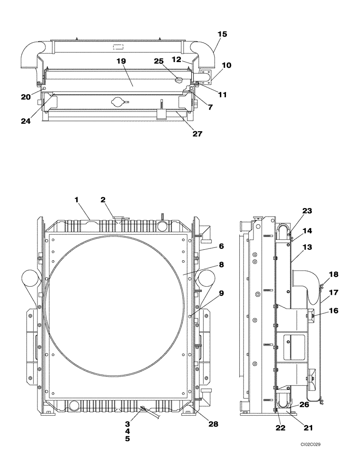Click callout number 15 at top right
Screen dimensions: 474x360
[222, 34]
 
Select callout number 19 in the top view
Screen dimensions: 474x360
[121, 61]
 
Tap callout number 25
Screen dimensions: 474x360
[158, 61]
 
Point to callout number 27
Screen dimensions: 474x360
[197, 134]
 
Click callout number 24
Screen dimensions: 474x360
[26, 121]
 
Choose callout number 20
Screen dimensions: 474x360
[26, 97]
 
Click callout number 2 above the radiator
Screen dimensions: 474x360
[103, 200]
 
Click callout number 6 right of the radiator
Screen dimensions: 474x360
[221, 246]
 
